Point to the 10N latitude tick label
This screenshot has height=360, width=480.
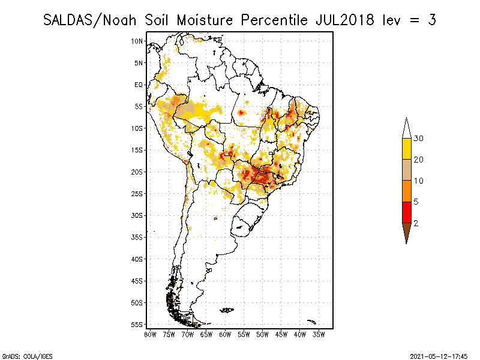pos(137,41)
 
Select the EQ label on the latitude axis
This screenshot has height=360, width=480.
pos(139,85)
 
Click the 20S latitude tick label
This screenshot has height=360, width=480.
pos(137,172)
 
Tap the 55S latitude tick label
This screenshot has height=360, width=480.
pos(137,325)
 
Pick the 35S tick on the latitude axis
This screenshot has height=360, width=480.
pos(137,237)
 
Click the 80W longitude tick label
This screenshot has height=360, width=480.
pos(150,334)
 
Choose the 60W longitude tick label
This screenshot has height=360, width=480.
pos(225,334)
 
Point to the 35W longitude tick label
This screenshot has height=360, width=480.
pos(319,334)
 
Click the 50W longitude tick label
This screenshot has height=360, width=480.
pos(262,334)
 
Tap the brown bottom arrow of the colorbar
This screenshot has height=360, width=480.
pos(406,232)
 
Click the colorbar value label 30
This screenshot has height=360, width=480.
pos(418,139)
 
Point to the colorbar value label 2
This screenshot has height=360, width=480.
pos(416,223)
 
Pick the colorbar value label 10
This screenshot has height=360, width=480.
pos(418,181)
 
